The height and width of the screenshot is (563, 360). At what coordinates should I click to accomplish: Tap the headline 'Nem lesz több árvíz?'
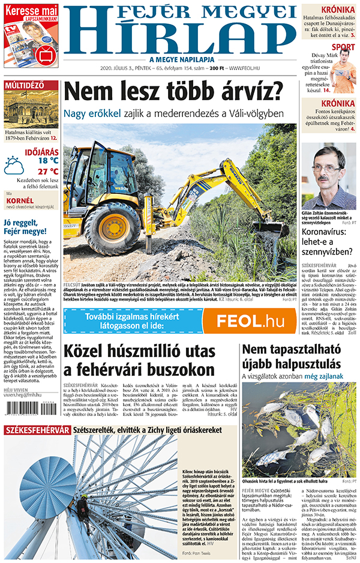[173, 92]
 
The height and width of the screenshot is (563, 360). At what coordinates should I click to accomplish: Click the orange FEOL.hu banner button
[251, 321]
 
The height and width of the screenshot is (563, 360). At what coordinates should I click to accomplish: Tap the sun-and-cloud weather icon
[14, 165]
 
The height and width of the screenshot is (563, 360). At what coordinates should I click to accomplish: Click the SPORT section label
[343, 47]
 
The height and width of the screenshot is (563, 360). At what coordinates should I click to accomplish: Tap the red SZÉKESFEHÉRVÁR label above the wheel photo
[36, 430]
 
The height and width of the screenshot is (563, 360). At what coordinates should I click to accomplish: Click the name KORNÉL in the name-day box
[20, 200]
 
